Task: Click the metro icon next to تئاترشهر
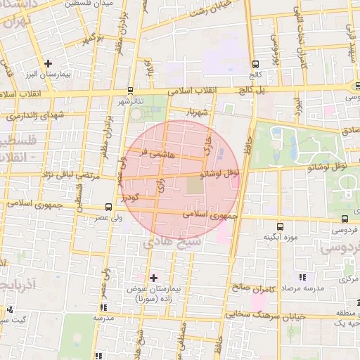coord(130,91)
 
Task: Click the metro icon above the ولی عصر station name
coord(108,207)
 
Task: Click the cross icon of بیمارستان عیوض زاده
coord(154,278)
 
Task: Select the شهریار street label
coord(197,113)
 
